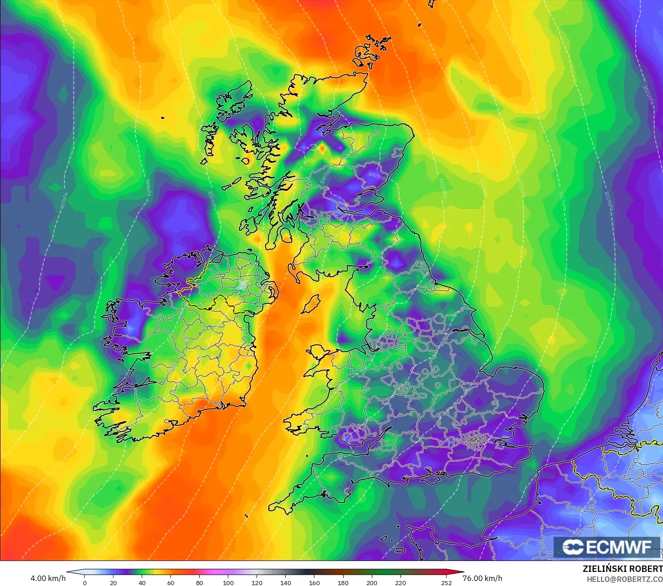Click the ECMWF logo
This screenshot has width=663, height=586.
point(607,547)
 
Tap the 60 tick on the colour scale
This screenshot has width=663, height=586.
point(170,582)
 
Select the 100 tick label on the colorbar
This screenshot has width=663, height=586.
point(228,582)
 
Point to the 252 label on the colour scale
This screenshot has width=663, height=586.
point(447,582)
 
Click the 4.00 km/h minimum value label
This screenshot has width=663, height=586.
point(48,578)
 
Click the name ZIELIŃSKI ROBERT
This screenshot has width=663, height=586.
point(622,569)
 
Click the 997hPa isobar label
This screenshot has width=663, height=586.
point(64,200)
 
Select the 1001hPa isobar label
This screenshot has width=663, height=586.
point(212,200)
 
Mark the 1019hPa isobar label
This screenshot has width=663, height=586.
point(608,200)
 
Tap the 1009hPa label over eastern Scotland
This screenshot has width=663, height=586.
point(375,175)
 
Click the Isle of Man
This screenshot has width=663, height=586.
point(311,304)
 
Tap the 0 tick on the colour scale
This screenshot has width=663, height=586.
point(84,582)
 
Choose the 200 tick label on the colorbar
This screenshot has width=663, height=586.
point(371,582)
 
